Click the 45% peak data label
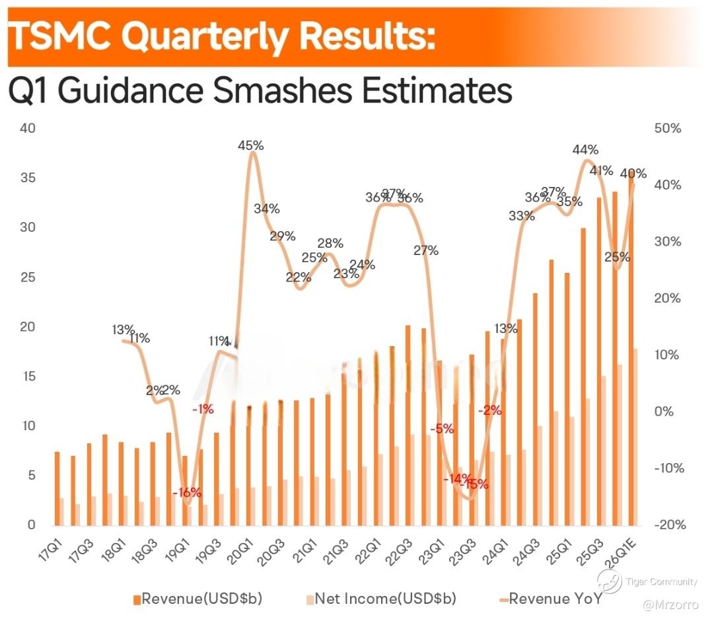click(x=250, y=145)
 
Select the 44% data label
click(x=585, y=150)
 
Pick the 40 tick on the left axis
click(x=27, y=128)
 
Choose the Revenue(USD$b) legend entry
click(x=197, y=599)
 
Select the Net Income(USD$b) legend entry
click(x=381, y=599)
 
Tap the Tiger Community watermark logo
click(x=609, y=581)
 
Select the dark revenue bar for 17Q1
click(x=57, y=488)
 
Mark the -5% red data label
click(x=442, y=429)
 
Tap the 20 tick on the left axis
click(x=27, y=327)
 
